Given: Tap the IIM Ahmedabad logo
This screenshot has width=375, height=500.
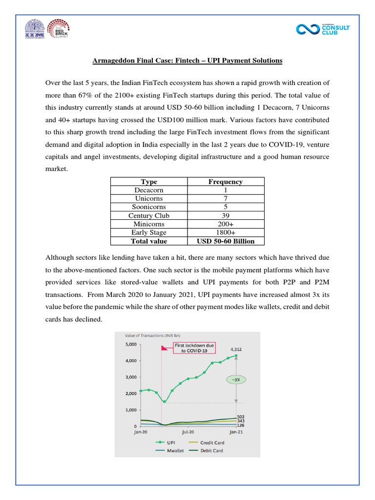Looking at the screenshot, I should pos(34,29).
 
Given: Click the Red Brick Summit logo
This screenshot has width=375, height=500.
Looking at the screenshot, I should pos(58,29).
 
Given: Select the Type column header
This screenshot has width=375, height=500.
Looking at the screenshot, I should pos(149,182).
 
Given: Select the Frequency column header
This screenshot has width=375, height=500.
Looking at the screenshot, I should pos(225,182).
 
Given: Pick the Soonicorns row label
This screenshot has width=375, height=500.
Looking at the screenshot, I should pos(149,207).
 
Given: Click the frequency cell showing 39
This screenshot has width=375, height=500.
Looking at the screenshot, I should pos(225,215).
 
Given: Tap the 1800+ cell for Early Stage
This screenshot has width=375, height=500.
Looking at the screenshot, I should pos(225,232).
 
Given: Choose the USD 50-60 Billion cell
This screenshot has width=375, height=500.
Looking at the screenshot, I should pos(225,241).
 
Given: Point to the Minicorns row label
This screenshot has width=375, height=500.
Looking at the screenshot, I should pos(149,224).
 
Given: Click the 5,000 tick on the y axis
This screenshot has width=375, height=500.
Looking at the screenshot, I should pos(131,345).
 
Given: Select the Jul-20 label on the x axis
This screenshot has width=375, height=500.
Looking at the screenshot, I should pos(188,432).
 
